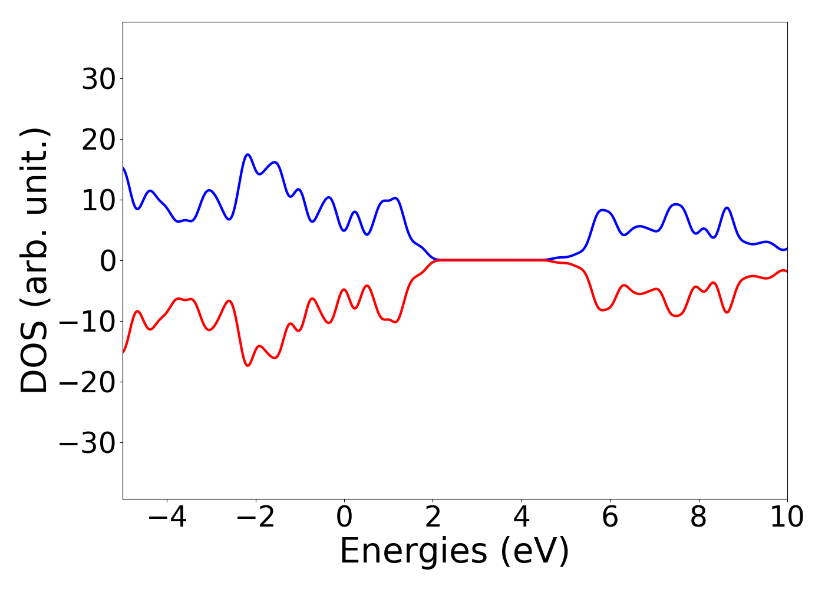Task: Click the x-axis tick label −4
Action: pyautogui.click(x=167, y=517)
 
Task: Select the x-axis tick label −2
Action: pyautogui.click(x=255, y=517)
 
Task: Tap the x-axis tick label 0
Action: pyautogui.click(x=344, y=517)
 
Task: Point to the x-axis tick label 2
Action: pyautogui.click(x=433, y=517)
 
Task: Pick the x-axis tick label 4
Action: pyautogui.click(x=522, y=517)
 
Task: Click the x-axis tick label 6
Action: pyautogui.click(x=610, y=517)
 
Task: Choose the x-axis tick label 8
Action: pyautogui.click(x=699, y=517)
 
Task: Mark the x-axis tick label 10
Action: pyautogui.click(x=787, y=517)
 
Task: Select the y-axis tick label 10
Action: pyautogui.click(x=98, y=200)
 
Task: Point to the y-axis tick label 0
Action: pyautogui.click(x=107, y=260)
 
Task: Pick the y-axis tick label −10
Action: pyautogui.click(x=88, y=322)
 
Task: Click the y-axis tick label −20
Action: pyautogui.click(x=88, y=382)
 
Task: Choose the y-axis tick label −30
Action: pyautogui.click(x=88, y=443)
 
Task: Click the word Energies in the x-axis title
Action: pyautogui.click(x=414, y=552)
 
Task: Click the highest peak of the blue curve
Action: pyautogui.click(x=247, y=154)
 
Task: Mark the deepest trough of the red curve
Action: pyautogui.click(x=248, y=366)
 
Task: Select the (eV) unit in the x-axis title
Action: pyautogui.click(x=536, y=552)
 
